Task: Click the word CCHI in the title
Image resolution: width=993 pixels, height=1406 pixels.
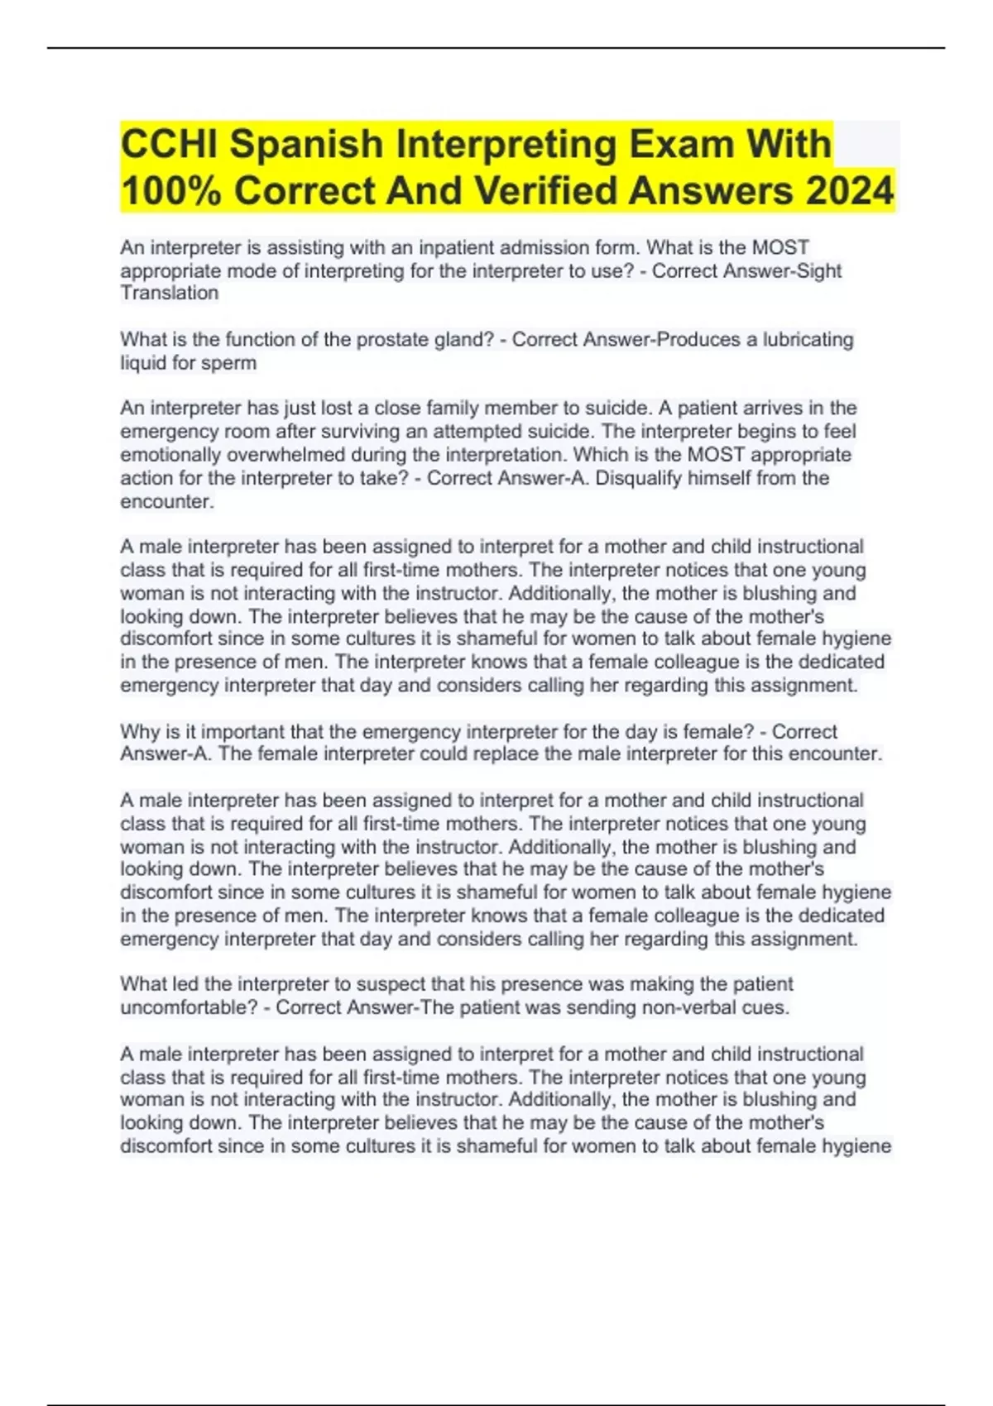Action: pos(170,144)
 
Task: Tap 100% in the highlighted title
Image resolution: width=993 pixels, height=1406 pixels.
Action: pos(170,191)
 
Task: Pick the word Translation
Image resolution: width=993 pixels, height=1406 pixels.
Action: pos(170,293)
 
